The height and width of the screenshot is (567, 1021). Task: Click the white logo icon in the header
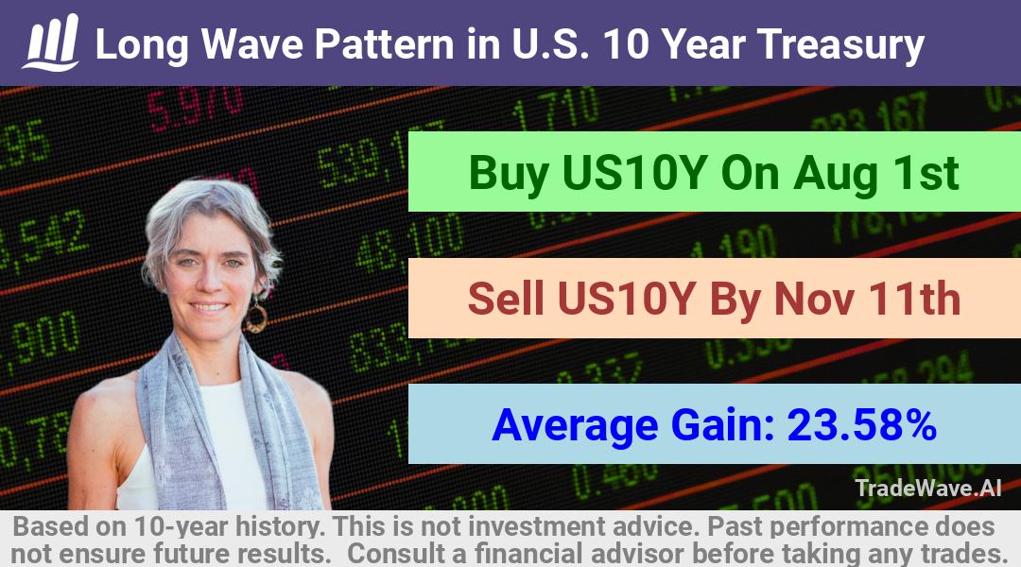[x=51, y=43]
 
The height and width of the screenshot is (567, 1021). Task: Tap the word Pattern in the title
[x=385, y=44]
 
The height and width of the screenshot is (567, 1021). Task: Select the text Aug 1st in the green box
[x=875, y=173]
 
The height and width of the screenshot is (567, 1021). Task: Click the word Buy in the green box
[x=509, y=173]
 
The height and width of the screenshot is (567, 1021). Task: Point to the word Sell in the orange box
[x=506, y=299]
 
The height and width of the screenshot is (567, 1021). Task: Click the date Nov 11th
[x=867, y=299]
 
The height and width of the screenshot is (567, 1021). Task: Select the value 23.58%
[x=861, y=424]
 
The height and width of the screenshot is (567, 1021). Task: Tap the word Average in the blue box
[x=576, y=426]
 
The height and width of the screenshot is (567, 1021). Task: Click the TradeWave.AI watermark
[x=928, y=488]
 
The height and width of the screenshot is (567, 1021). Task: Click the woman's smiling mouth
[x=209, y=306]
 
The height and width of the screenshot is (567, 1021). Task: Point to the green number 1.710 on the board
[x=556, y=108]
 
